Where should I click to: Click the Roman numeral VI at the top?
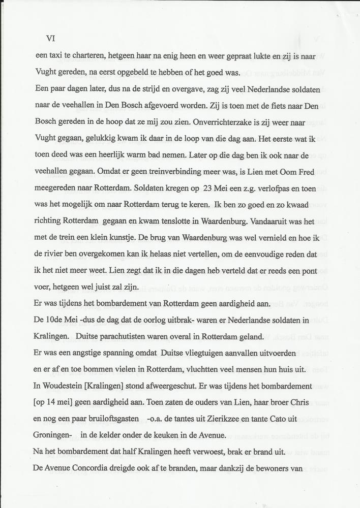pos(50,38)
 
